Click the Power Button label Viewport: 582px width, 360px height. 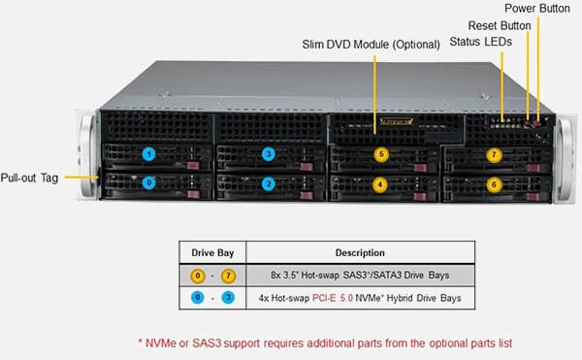(x=537, y=9)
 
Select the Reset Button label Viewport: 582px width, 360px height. (x=500, y=25)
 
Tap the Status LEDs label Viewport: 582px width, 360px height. (x=481, y=42)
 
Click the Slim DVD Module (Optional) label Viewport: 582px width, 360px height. (x=371, y=45)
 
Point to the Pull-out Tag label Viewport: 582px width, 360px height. (x=29, y=179)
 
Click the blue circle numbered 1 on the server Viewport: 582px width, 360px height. (x=148, y=154)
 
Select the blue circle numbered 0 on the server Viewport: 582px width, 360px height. (x=148, y=182)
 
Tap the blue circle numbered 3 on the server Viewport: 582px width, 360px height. (x=269, y=153)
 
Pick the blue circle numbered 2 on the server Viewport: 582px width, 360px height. (x=269, y=183)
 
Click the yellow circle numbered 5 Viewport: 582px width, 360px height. (x=381, y=154)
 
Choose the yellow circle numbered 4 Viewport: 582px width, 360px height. (x=379, y=184)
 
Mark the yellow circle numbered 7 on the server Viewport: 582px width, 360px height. (x=494, y=154)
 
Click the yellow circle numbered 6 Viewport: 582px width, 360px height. (x=494, y=184)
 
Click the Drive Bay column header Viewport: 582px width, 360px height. (x=212, y=252)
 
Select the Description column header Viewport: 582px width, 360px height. (x=360, y=252)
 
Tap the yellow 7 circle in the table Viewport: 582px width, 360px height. (x=228, y=276)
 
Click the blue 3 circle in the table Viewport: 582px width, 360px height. (x=228, y=297)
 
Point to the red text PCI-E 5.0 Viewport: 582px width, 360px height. (x=333, y=298)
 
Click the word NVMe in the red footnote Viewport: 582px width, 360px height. (x=161, y=344)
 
